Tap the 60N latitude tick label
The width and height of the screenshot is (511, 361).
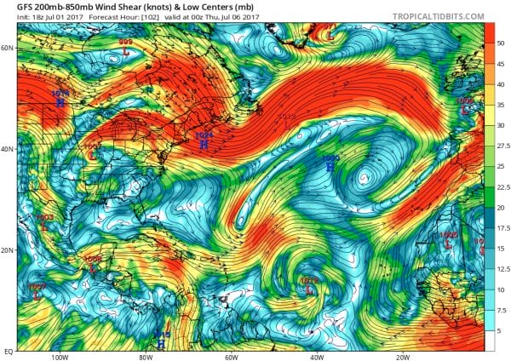point(8,48)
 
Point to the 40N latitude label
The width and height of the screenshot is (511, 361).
point(8,149)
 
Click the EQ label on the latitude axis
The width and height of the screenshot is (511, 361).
point(8,350)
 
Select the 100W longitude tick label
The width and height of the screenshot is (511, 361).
point(59,358)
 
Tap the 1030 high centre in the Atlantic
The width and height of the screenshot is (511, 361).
point(330,166)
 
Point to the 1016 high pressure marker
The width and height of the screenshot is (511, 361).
point(60,101)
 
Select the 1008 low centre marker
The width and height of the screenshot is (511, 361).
point(93,266)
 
